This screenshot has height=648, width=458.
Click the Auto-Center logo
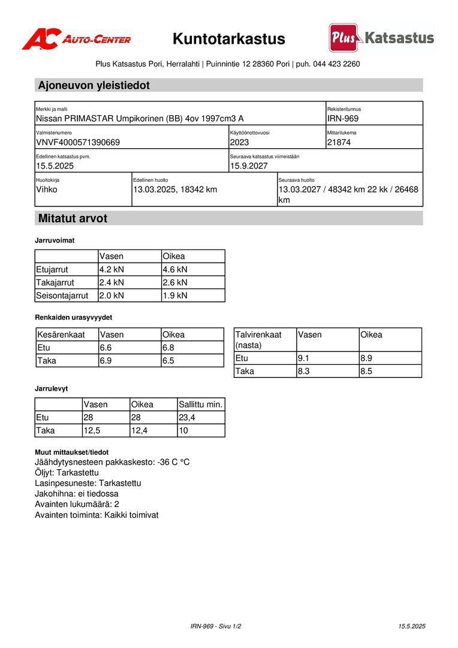[x=76, y=39]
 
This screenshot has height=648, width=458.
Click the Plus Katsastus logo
[x=381, y=38]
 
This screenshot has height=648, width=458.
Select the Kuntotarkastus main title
[x=229, y=39]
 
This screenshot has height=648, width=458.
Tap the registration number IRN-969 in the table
[x=343, y=118]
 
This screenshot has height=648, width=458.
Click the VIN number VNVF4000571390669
[x=78, y=142]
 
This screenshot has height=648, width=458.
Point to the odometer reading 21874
[x=339, y=142]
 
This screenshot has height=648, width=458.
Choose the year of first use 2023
[x=239, y=142]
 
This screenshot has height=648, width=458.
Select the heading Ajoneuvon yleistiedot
[x=94, y=85]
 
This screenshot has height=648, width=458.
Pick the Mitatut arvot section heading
[x=73, y=218]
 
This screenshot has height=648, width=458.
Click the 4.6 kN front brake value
[x=175, y=269]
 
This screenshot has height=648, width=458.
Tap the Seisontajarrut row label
[x=62, y=295]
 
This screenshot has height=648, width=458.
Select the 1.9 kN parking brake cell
[x=175, y=295]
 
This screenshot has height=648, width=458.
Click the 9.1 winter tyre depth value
[x=304, y=358]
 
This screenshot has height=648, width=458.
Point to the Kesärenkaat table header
[x=61, y=335]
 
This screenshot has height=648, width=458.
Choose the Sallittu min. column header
[x=201, y=404]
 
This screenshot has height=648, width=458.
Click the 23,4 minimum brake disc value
[x=187, y=418]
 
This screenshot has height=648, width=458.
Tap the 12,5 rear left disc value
[x=92, y=430]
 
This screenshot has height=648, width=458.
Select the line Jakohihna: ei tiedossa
[x=77, y=494]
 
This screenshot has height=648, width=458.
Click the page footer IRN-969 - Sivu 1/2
[x=216, y=626]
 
